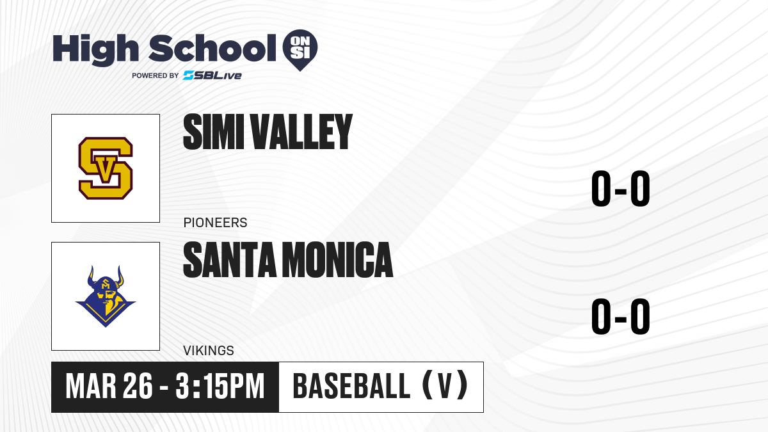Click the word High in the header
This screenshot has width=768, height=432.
95,49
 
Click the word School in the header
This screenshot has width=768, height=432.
212,48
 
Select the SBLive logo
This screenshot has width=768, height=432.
212,75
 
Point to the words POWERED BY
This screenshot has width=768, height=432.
155,76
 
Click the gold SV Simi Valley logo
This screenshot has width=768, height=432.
106,168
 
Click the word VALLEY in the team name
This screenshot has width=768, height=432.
301,132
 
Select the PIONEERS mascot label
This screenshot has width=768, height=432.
215,223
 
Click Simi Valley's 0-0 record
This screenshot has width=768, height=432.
621,188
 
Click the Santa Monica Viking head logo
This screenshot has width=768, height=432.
106,296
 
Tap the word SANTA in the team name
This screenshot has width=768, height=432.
230,260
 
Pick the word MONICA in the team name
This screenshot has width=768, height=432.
337,260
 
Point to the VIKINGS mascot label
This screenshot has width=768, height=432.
209,351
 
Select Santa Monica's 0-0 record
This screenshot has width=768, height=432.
621,316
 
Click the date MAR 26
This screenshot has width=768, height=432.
109,387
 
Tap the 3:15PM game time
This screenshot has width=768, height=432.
220,387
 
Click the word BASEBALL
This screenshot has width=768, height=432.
351,386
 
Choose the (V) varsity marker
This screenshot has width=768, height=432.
445,385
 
